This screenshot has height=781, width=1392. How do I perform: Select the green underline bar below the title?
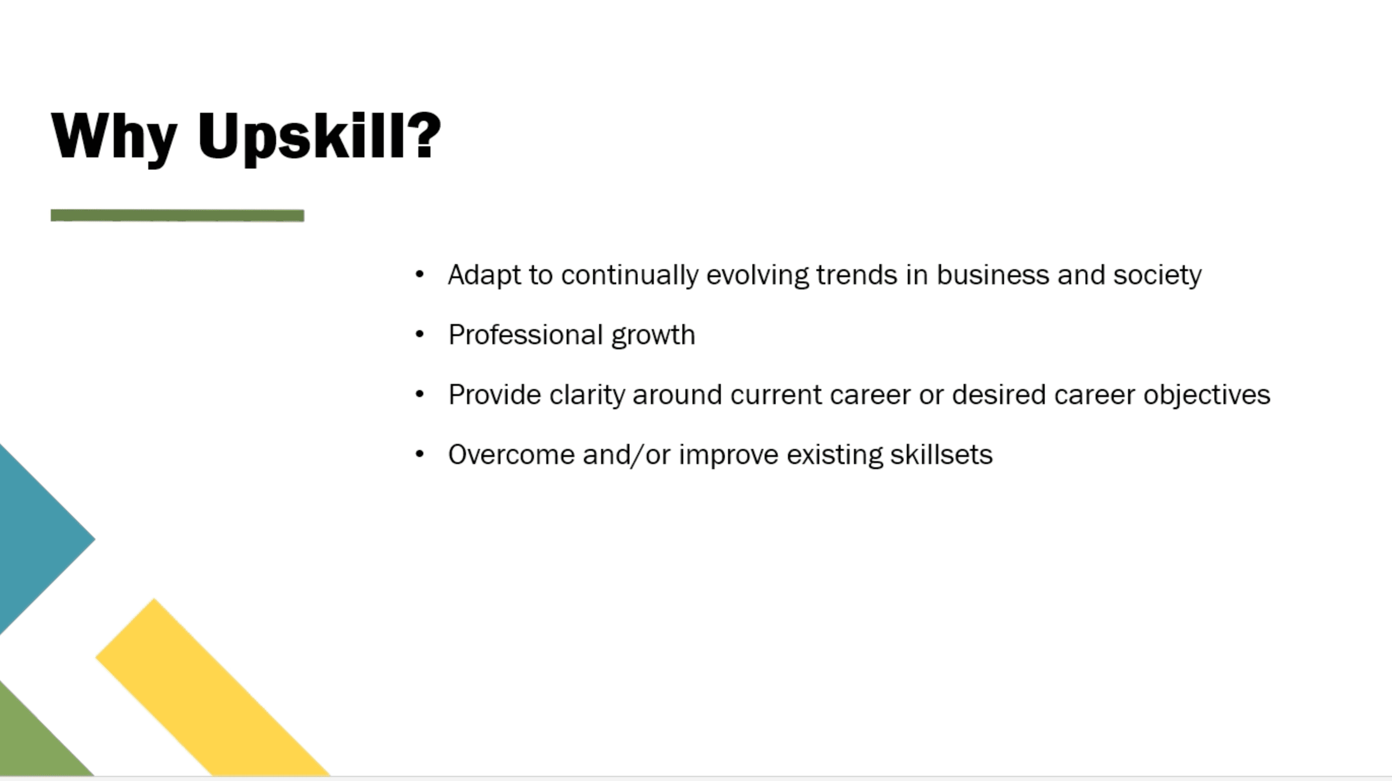tap(177, 216)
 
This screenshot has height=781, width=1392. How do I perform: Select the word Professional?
tap(525, 335)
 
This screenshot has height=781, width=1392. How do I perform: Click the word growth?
tap(653, 336)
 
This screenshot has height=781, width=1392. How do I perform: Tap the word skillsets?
tap(941, 454)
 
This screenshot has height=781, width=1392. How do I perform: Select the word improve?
tap(728, 455)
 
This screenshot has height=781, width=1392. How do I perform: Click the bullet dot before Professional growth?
tap(420, 335)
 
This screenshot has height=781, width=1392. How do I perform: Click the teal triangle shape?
tap(38, 539)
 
